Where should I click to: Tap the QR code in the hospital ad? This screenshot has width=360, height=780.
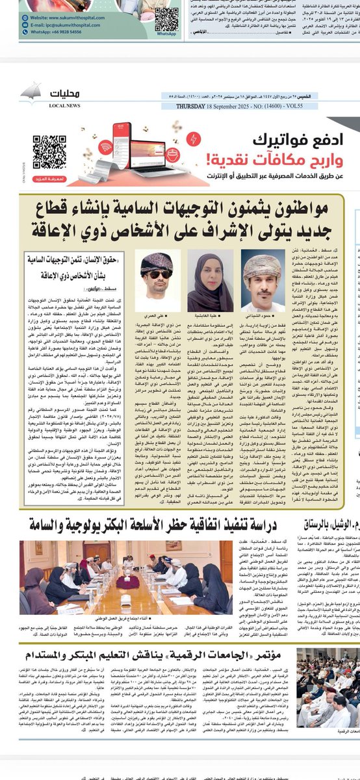[166, 19]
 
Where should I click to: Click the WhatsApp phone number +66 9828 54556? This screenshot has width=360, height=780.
[58, 31]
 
